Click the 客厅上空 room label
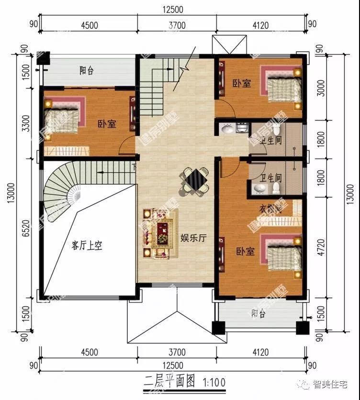click(87, 246)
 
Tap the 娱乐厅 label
click(193, 238)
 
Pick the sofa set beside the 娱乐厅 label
click(158, 233)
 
